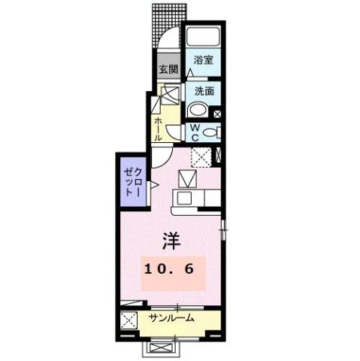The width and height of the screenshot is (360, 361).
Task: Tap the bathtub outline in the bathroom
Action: tap(203, 37)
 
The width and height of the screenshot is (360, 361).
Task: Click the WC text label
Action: tap(193, 133)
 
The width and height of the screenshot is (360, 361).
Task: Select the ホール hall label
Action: tap(159, 129)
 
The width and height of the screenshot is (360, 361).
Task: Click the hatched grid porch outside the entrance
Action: tap(166, 26)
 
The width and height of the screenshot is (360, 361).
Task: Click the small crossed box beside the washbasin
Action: tap(217, 114)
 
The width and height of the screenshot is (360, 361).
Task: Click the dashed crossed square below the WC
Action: tap(200, 157)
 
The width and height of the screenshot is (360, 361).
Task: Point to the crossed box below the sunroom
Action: tap(161, 348)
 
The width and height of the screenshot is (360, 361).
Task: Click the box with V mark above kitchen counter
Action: tap(186, 179)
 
